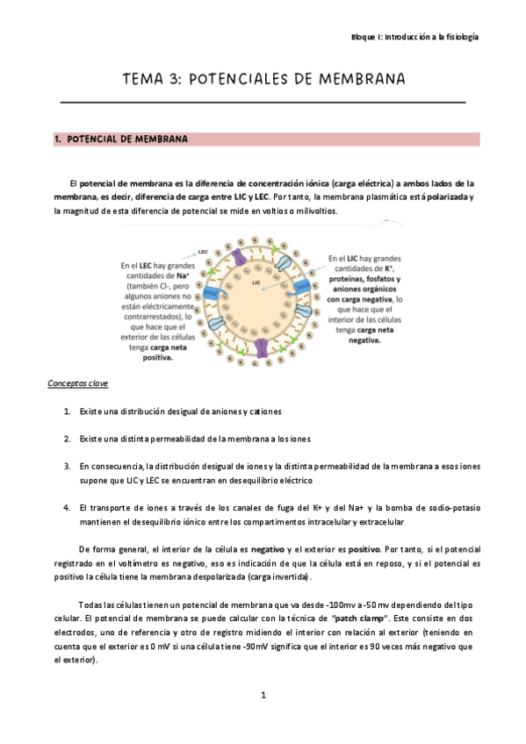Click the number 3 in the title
pyautogui.click(x=172, y=80)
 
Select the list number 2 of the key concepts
pyautogui.click(x=67, y=438)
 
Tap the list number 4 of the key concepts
pyautogui.click(x=67, y=507)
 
